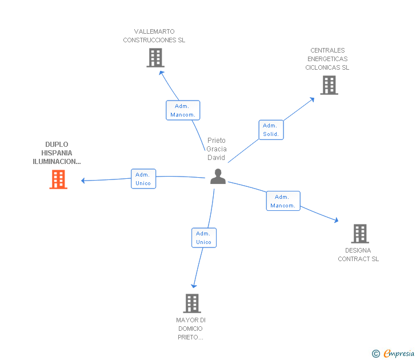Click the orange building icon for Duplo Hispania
pos(58,179)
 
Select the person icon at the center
pos(218,177)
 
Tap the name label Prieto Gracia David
pos(217,149)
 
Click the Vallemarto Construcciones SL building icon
pos(155,58)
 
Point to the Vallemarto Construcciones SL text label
pos(154,36)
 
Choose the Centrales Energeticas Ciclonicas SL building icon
pos(329,85)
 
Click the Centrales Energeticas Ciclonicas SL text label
pos(327,59)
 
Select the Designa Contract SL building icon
pos(359,233)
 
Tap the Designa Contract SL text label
pos(358,255)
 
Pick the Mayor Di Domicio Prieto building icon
pos(192,303)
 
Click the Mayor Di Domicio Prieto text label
pos(191,329)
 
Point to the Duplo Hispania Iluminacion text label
pos(57,153)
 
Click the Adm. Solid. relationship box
pos(270,130)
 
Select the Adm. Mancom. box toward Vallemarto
pos(183,110)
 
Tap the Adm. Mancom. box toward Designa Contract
pos(283,201)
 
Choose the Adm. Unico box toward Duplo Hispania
pos(143,179)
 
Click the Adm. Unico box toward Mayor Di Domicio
pos(204,238)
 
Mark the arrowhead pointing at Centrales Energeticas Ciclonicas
pos(312,99)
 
